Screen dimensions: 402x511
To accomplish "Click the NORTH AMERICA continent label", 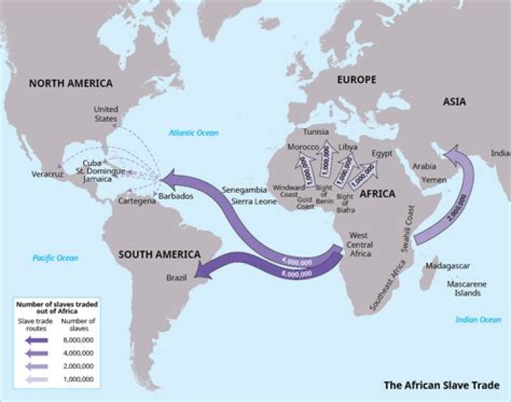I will click(70, 84).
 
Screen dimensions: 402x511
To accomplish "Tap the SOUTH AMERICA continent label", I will click(159, 254).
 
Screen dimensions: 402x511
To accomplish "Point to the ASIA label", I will click(454, 102).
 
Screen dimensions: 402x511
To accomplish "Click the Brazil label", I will click(176, 278).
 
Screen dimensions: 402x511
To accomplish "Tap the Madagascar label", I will click(447, 266).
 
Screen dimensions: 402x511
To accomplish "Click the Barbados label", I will click(175, 196).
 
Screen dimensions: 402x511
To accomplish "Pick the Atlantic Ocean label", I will click(193, 133).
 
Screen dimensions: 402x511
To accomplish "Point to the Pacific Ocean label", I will click(55, 257).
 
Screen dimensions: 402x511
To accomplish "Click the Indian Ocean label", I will click(478, 320).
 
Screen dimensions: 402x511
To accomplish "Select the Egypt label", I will click(383, 153).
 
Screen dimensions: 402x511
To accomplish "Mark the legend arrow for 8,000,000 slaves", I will click(35, 340).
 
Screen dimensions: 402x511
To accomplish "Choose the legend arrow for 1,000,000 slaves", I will click(35, 380).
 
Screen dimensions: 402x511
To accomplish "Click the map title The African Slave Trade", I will click(441, 386).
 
